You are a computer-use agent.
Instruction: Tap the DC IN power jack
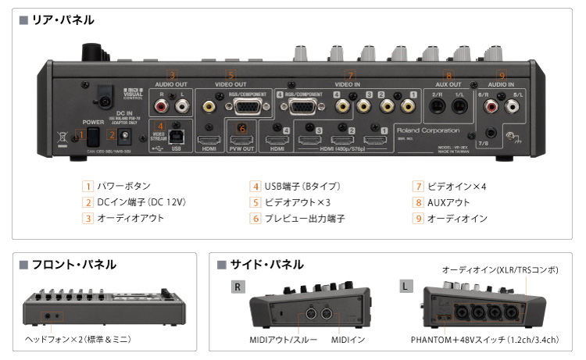pos(124,135)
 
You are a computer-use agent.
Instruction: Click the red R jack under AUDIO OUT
pos(162,103)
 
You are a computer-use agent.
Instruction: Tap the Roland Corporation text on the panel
pos(427,130)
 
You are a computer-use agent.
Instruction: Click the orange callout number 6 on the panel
pos(241,128)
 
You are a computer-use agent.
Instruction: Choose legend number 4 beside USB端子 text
pos(255,187)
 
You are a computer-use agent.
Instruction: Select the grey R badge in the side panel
pos(239,286)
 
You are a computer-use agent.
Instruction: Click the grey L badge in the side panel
pos(406,286)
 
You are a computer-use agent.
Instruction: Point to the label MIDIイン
pos(348,340)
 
